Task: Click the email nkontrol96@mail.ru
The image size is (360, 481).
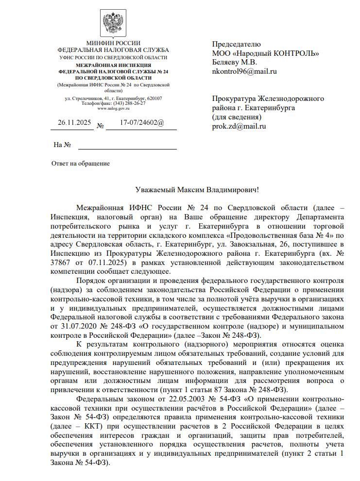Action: click(244, 71)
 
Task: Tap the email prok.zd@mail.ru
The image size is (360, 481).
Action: click(239, 126)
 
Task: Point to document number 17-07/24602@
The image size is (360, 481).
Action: click(142, 123)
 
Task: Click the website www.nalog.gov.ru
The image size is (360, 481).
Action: click(113, 108)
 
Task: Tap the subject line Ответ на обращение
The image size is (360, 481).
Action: click(81, 164)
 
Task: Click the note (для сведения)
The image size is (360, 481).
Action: click(237, 117)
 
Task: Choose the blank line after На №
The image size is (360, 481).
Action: click(128, 145)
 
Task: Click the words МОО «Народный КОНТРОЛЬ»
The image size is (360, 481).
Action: click(265, 53)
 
